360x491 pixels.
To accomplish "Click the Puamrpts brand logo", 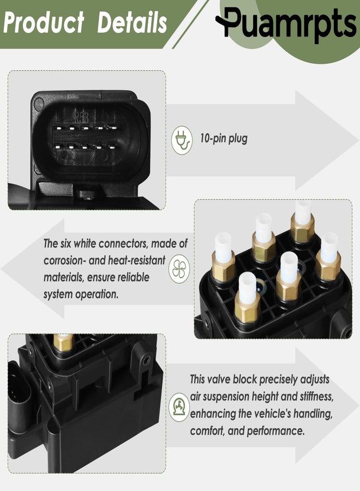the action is click(286, 23).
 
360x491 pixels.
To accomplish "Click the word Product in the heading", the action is click(44, 22).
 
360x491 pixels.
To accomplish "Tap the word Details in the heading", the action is click(132, 22).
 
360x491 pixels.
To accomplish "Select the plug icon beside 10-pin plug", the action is click(182, 140).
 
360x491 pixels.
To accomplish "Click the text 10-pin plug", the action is click(224, 139).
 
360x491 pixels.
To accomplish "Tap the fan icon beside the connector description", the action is click(179, 268).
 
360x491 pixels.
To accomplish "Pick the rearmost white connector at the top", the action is click(303, 213).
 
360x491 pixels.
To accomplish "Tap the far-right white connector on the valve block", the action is click(329, 248).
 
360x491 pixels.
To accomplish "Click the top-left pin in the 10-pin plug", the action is click(57, 128).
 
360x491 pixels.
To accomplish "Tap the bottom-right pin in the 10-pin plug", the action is click(112, 147).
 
